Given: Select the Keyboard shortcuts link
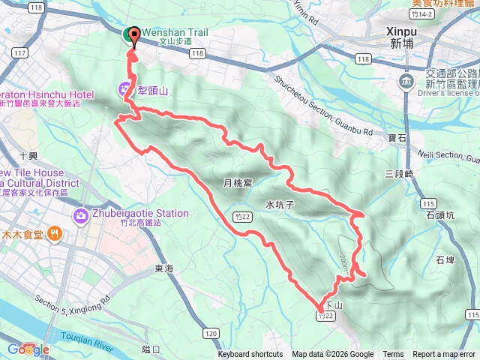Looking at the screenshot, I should pos(250,355).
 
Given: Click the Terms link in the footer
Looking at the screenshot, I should pos(393,355).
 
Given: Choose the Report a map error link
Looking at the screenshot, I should pos(445,355).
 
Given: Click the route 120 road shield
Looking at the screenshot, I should pos(211,333).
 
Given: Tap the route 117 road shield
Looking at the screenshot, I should pos(20,54).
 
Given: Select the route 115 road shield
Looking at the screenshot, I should pos(428,203).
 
